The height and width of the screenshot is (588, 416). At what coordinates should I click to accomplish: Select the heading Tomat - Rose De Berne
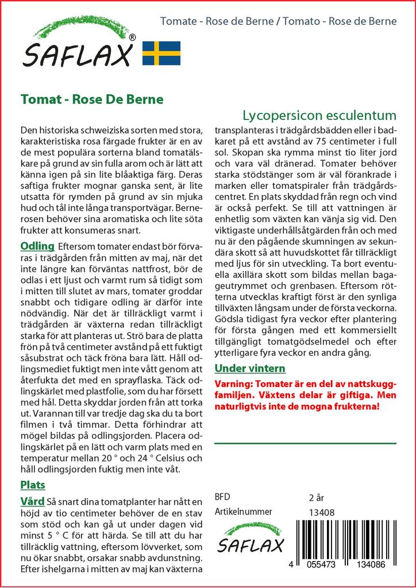(92, 99)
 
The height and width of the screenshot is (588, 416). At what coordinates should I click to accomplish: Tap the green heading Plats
(32, 485)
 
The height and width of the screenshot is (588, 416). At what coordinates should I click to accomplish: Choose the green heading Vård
(33, 502)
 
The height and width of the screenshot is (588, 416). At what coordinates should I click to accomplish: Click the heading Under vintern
(249, 368)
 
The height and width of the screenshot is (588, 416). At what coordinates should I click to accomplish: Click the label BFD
(222, 497)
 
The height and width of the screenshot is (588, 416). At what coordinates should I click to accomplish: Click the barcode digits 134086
(374, 565)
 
